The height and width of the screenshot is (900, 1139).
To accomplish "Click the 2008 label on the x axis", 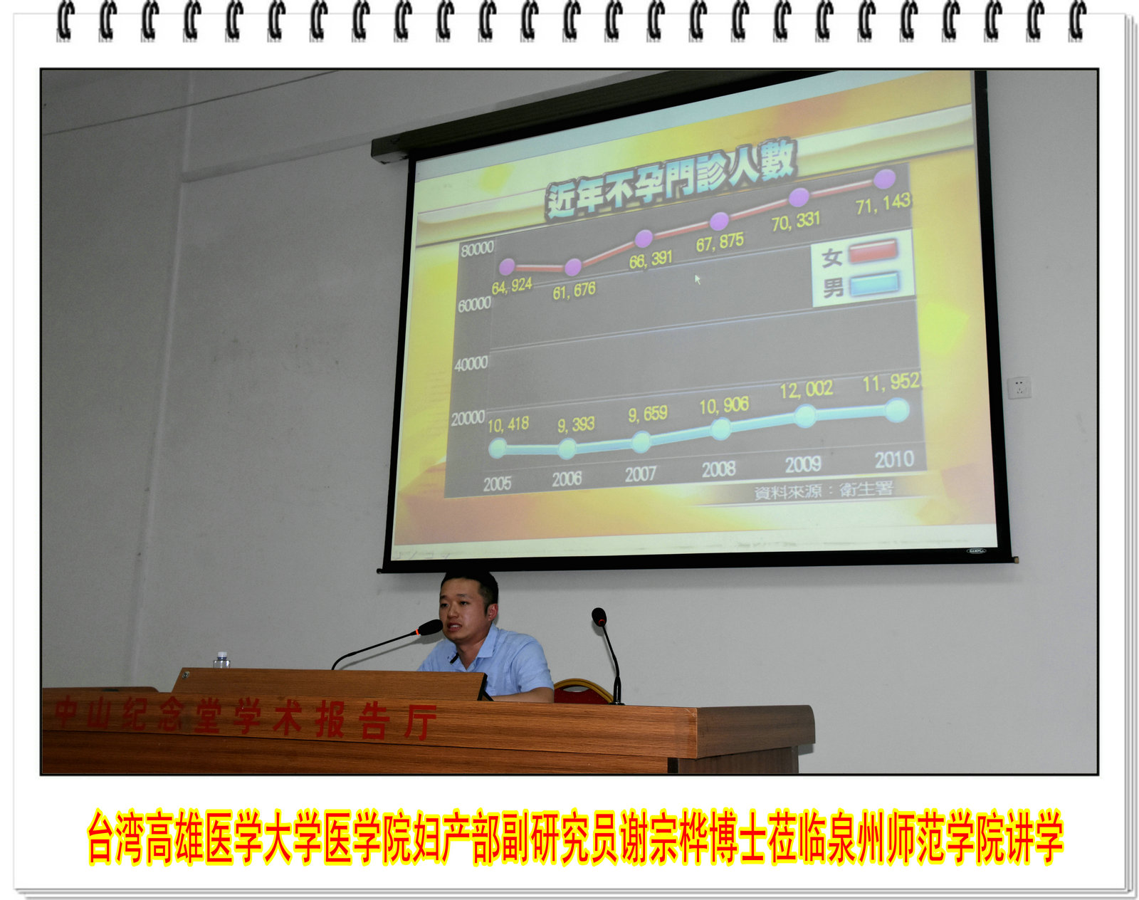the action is coord(719,470).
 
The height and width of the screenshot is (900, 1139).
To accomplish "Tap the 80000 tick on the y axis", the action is coord(477,248).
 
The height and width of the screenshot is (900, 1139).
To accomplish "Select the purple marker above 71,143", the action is coord(884,179).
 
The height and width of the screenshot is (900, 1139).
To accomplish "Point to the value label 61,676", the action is coord(574,291).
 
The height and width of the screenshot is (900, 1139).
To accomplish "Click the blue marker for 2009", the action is coord(806,416).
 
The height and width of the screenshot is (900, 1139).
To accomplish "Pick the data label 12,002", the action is coord(806,390).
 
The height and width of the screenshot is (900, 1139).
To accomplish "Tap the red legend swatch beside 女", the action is coord(873,251).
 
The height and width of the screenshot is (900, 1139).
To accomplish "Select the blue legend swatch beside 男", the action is coord(874,283).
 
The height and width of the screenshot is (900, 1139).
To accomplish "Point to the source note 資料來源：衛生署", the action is coord(824,491).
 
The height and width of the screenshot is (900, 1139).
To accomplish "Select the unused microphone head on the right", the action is coord(599,617).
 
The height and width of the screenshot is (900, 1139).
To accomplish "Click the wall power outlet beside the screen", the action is coord(1019,387).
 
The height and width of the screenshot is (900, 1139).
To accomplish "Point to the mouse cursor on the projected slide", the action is coord(698,279).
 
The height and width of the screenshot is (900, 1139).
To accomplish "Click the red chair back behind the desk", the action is coord(582,691).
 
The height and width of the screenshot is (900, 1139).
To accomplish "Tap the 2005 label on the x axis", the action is coord(497,484).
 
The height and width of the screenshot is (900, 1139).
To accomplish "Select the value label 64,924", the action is coord(512,286).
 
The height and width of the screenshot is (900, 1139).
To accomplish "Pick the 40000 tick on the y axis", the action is coord(471,364).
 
